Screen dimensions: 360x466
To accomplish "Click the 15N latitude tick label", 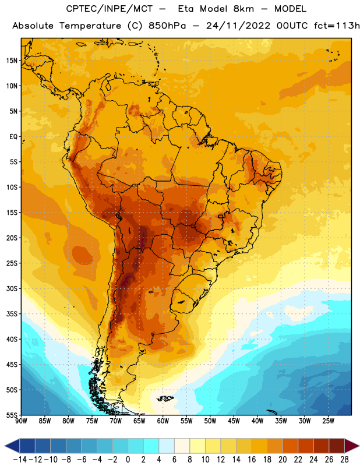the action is [12, 61].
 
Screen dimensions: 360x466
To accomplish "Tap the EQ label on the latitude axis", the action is [13, 137].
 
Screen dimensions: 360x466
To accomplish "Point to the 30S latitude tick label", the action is [12, 288].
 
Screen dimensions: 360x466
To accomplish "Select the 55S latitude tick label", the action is [12, 415].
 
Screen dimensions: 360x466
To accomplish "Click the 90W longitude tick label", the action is [22, 421].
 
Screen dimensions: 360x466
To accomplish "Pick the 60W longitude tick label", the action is [163, 421].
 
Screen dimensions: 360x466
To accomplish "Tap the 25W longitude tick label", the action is [328, 421].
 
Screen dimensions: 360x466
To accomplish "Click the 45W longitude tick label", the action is [234, 421].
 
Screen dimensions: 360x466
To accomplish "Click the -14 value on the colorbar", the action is [20, 460].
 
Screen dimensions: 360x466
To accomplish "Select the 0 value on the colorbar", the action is [128, 460].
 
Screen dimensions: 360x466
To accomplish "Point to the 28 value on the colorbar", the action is [344, 460].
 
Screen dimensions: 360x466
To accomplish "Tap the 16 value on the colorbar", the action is [252, 460].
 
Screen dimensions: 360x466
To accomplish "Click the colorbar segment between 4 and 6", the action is [167, 446].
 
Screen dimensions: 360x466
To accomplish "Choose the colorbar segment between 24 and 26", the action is [321, 446].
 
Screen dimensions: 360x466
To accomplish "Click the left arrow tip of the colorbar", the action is [5, 446].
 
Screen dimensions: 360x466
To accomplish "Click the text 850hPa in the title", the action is [167, 26].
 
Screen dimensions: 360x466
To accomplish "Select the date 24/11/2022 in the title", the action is [238, 26].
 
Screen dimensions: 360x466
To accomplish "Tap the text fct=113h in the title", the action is [337, 26].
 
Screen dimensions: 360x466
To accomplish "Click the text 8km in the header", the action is [244, 9].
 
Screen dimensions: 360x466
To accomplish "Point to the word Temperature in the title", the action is [90, 26].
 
